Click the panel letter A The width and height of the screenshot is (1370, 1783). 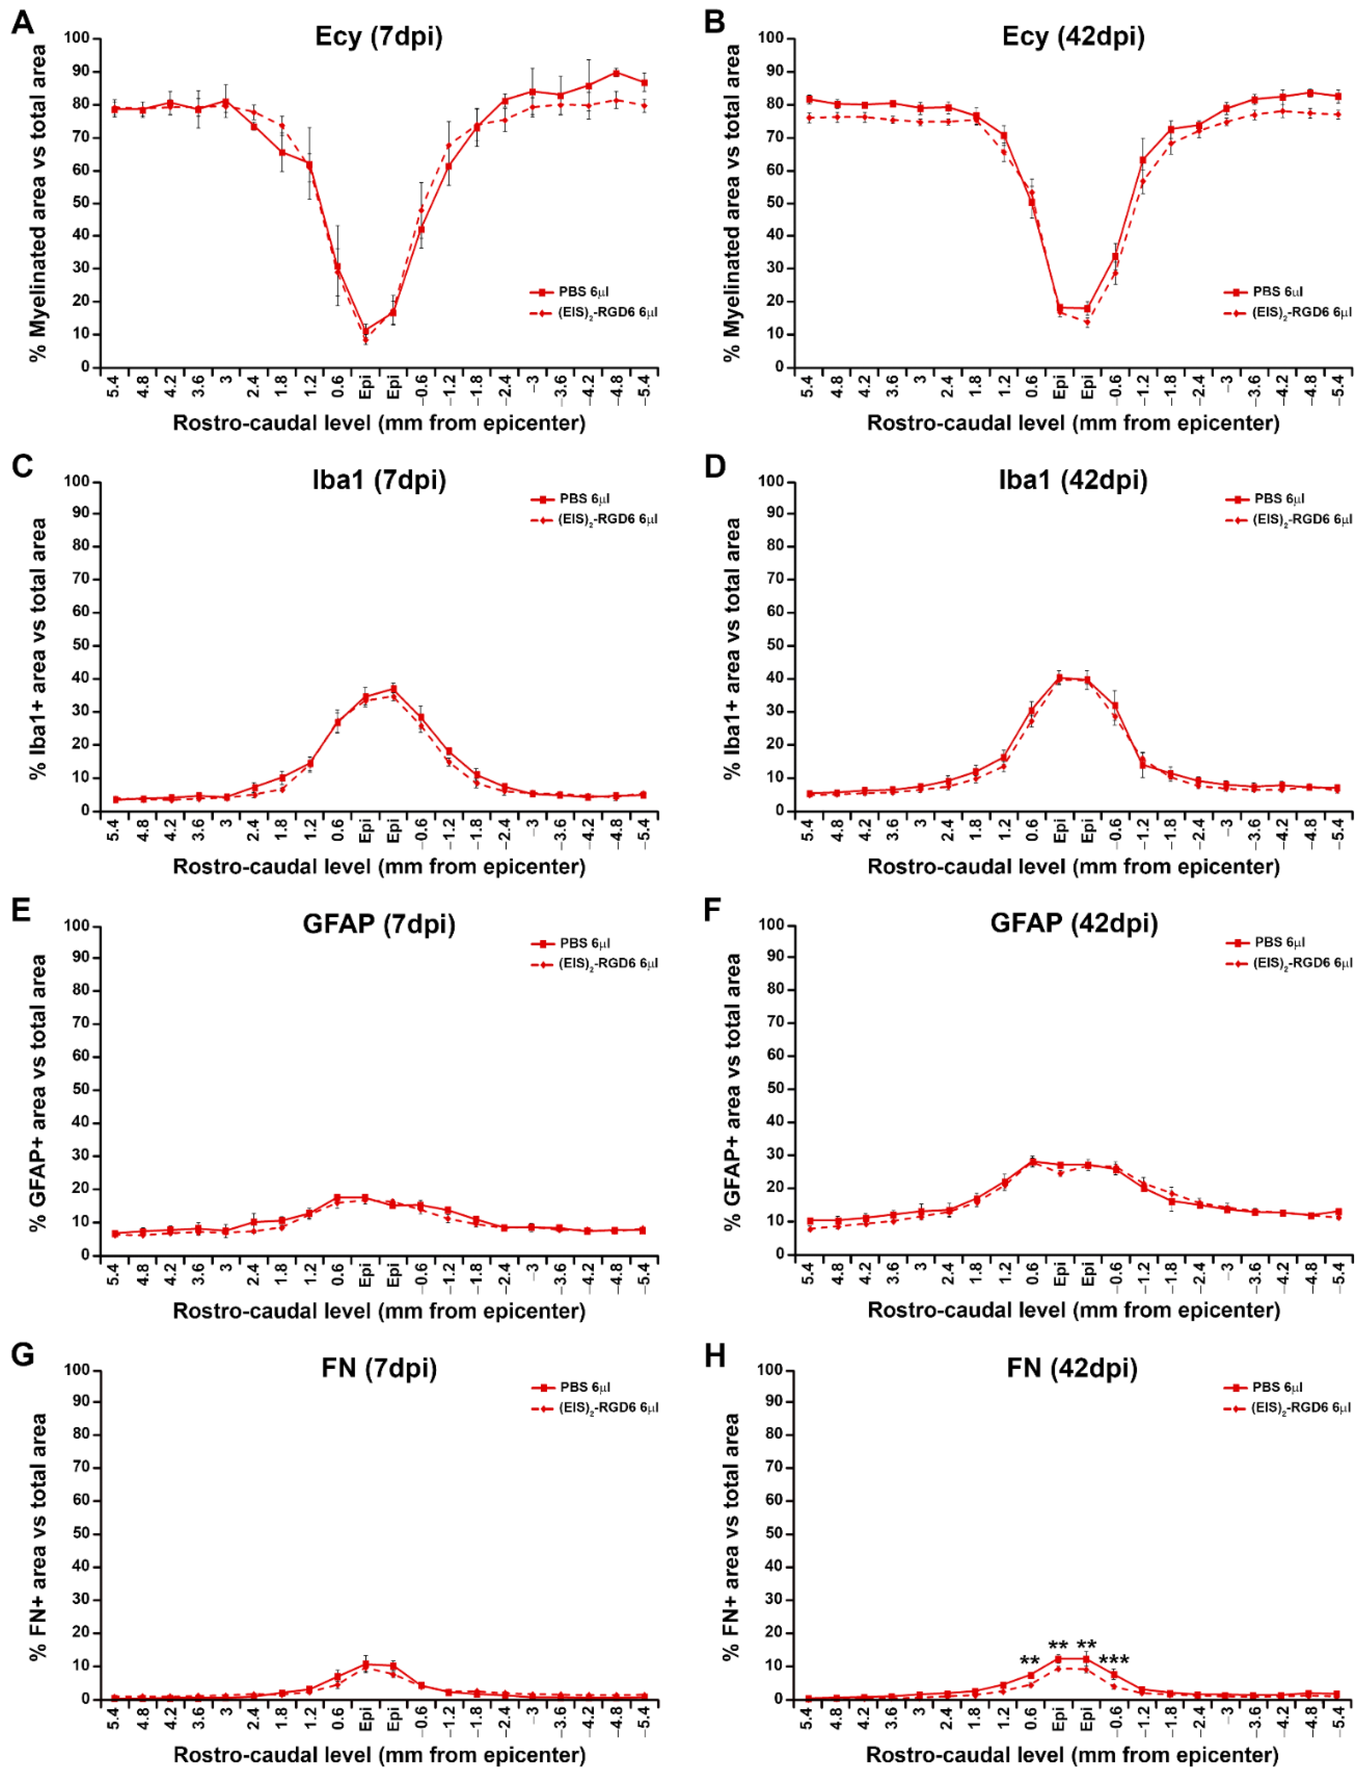point(23,22)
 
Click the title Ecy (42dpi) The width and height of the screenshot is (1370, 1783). point(1073,37)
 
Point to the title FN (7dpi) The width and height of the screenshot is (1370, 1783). point(379,1368)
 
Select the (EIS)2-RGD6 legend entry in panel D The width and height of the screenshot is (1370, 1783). point(1289,519)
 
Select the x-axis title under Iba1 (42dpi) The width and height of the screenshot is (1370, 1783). point(1073,866)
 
